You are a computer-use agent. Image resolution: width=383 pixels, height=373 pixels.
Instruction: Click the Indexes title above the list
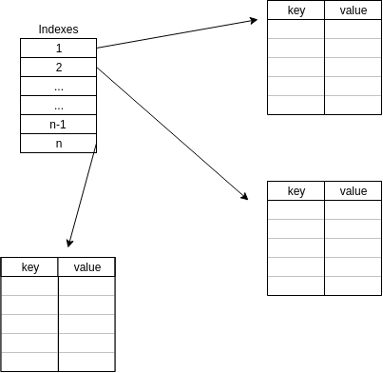[x=58, y=29]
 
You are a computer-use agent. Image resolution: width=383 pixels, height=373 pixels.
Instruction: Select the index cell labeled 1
[x=58, y=48]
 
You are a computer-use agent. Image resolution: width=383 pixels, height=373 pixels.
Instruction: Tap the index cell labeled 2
[x=58, y=67]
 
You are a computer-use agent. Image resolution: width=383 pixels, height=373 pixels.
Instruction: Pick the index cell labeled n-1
[x=58, y=124]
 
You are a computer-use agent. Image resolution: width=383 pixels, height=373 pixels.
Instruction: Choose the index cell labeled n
[x=58, y=143]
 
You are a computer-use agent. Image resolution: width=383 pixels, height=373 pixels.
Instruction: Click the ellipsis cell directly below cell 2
[x=58, y=86]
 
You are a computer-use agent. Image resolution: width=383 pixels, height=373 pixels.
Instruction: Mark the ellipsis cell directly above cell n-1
[x=58, y=105]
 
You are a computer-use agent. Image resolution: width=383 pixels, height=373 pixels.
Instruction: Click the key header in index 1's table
[x=296, y=10]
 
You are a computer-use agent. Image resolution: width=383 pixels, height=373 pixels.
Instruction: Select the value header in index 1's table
[x=353, y=10]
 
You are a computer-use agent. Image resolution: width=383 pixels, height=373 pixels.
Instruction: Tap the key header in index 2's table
[x=296, y=191]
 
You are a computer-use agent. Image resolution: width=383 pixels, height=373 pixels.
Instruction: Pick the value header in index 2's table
[x=353, y=191]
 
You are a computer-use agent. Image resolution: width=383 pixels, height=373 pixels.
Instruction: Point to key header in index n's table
[x=29, y=267]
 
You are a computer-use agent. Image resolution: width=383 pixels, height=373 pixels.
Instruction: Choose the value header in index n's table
[x=86, y=267]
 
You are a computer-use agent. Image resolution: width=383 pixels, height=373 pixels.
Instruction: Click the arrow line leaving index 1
[x=176, y=33]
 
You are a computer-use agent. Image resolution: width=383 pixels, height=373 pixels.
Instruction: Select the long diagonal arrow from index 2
[x=171, y=133]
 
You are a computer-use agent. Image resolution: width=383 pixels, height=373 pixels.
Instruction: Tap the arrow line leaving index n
[x=83, y=195]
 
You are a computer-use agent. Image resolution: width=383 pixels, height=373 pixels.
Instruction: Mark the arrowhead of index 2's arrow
[x=244, y=196]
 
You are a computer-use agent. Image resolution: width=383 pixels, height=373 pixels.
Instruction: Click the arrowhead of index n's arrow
[x=69, y=244]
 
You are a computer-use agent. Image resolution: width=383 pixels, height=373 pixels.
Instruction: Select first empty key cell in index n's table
[x=29, y=285]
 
